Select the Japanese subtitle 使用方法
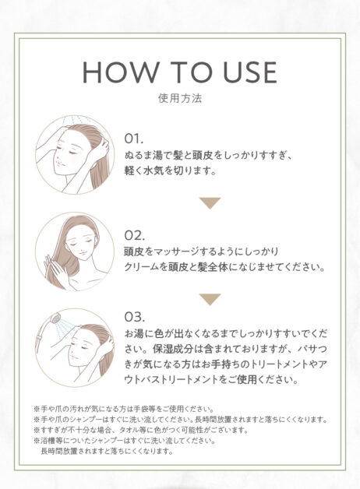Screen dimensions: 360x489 (180, 98)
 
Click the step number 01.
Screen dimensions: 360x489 (134, 139)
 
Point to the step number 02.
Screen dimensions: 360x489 (135, 235)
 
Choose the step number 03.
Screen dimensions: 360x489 (135, 317)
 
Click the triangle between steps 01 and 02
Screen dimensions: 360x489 (210, 203)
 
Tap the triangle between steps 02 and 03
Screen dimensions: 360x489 (210, 299)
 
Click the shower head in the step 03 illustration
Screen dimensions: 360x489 (56, 320)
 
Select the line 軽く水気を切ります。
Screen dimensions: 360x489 (171, 171)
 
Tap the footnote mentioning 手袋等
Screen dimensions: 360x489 (124, 409)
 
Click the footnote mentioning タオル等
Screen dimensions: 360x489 (141, 431)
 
